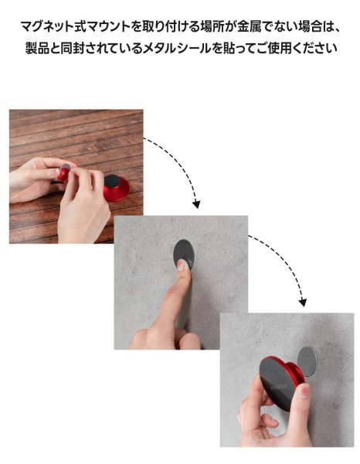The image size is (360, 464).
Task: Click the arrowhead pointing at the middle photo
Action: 196,204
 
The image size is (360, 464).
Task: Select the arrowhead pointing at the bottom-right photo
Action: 302,302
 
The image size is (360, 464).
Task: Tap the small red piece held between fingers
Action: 63,173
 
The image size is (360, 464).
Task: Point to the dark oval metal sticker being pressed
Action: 184,254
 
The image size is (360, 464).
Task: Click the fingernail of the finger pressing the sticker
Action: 181,264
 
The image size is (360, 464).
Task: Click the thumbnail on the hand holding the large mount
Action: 304,391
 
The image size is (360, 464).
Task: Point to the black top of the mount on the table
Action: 113,179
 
